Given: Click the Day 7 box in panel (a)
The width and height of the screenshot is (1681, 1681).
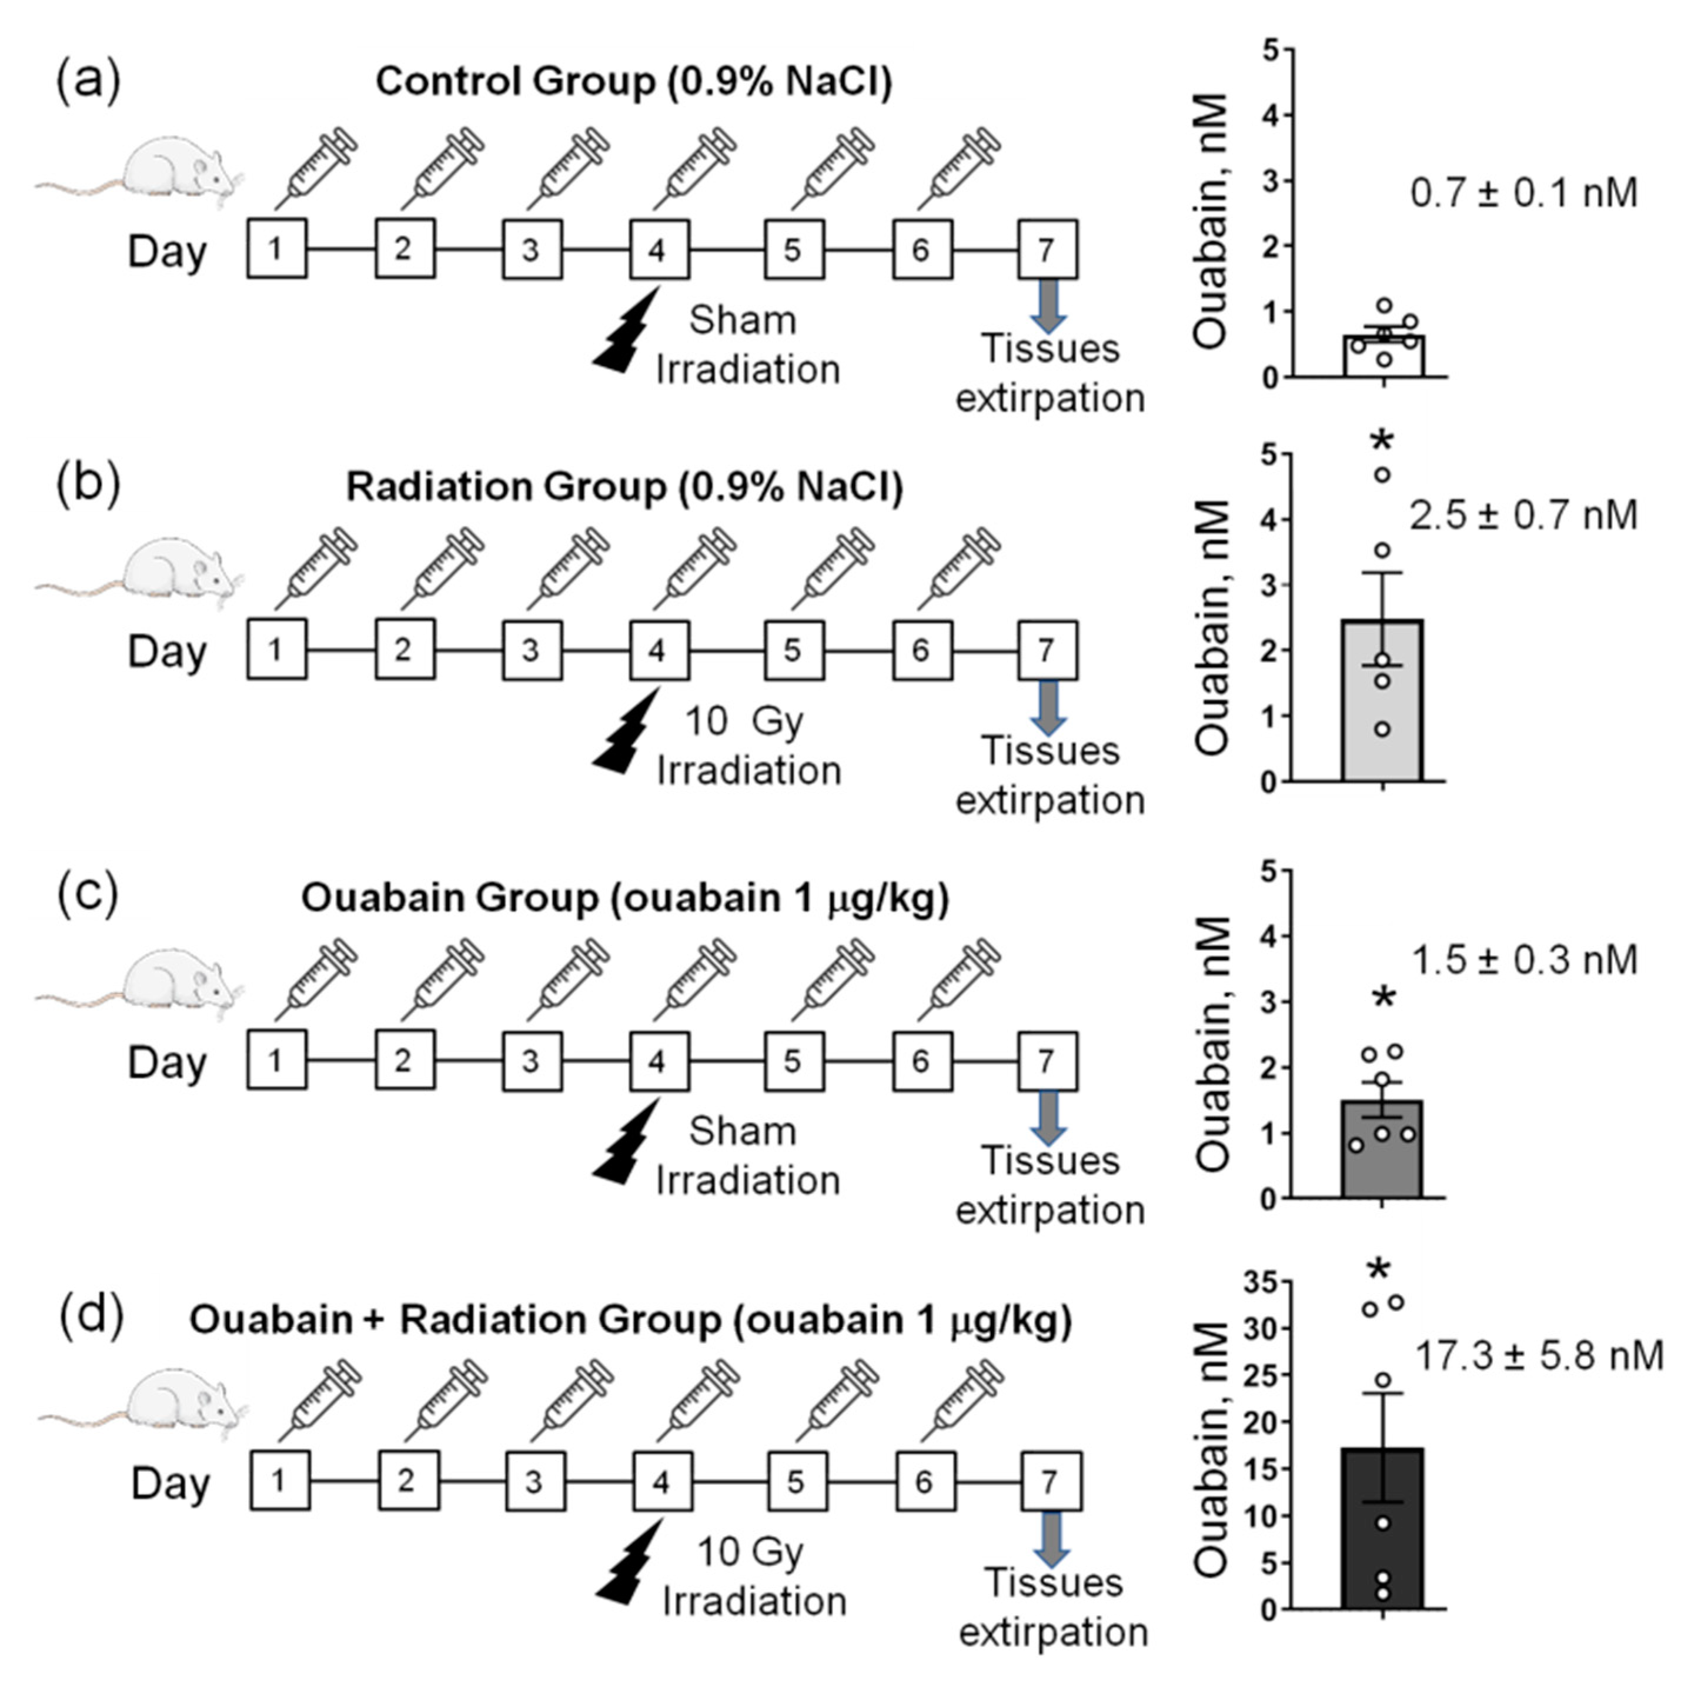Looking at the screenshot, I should coord(1048,250).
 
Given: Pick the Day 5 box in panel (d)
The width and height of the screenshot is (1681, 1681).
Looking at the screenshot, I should coord(796,1481).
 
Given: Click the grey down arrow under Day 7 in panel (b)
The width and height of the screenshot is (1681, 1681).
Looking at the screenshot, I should coord(1048,707).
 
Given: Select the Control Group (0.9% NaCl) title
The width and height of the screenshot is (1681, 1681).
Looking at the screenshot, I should coord(633,82).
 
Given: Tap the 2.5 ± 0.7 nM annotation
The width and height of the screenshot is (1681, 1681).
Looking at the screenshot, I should coord(1523,515).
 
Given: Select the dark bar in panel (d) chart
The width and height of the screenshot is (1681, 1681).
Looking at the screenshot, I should coord(1382,1531).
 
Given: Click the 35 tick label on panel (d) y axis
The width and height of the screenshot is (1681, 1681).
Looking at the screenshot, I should coord(1260,1282).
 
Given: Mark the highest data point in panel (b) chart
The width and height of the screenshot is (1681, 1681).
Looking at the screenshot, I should coord(1382,474).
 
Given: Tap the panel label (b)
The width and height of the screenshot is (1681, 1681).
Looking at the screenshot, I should coord(88,484).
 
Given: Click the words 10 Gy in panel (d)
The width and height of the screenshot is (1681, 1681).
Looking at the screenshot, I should coord(750,1552).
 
